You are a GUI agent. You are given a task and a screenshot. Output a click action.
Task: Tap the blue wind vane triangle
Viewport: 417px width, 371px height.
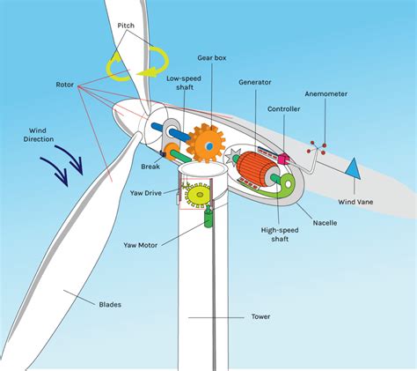(x=353, y=168)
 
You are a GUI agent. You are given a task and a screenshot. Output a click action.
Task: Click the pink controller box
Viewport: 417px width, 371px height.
(x=284, y=159)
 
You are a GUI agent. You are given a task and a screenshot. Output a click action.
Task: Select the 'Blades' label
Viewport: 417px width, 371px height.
(x=110, y=304)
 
